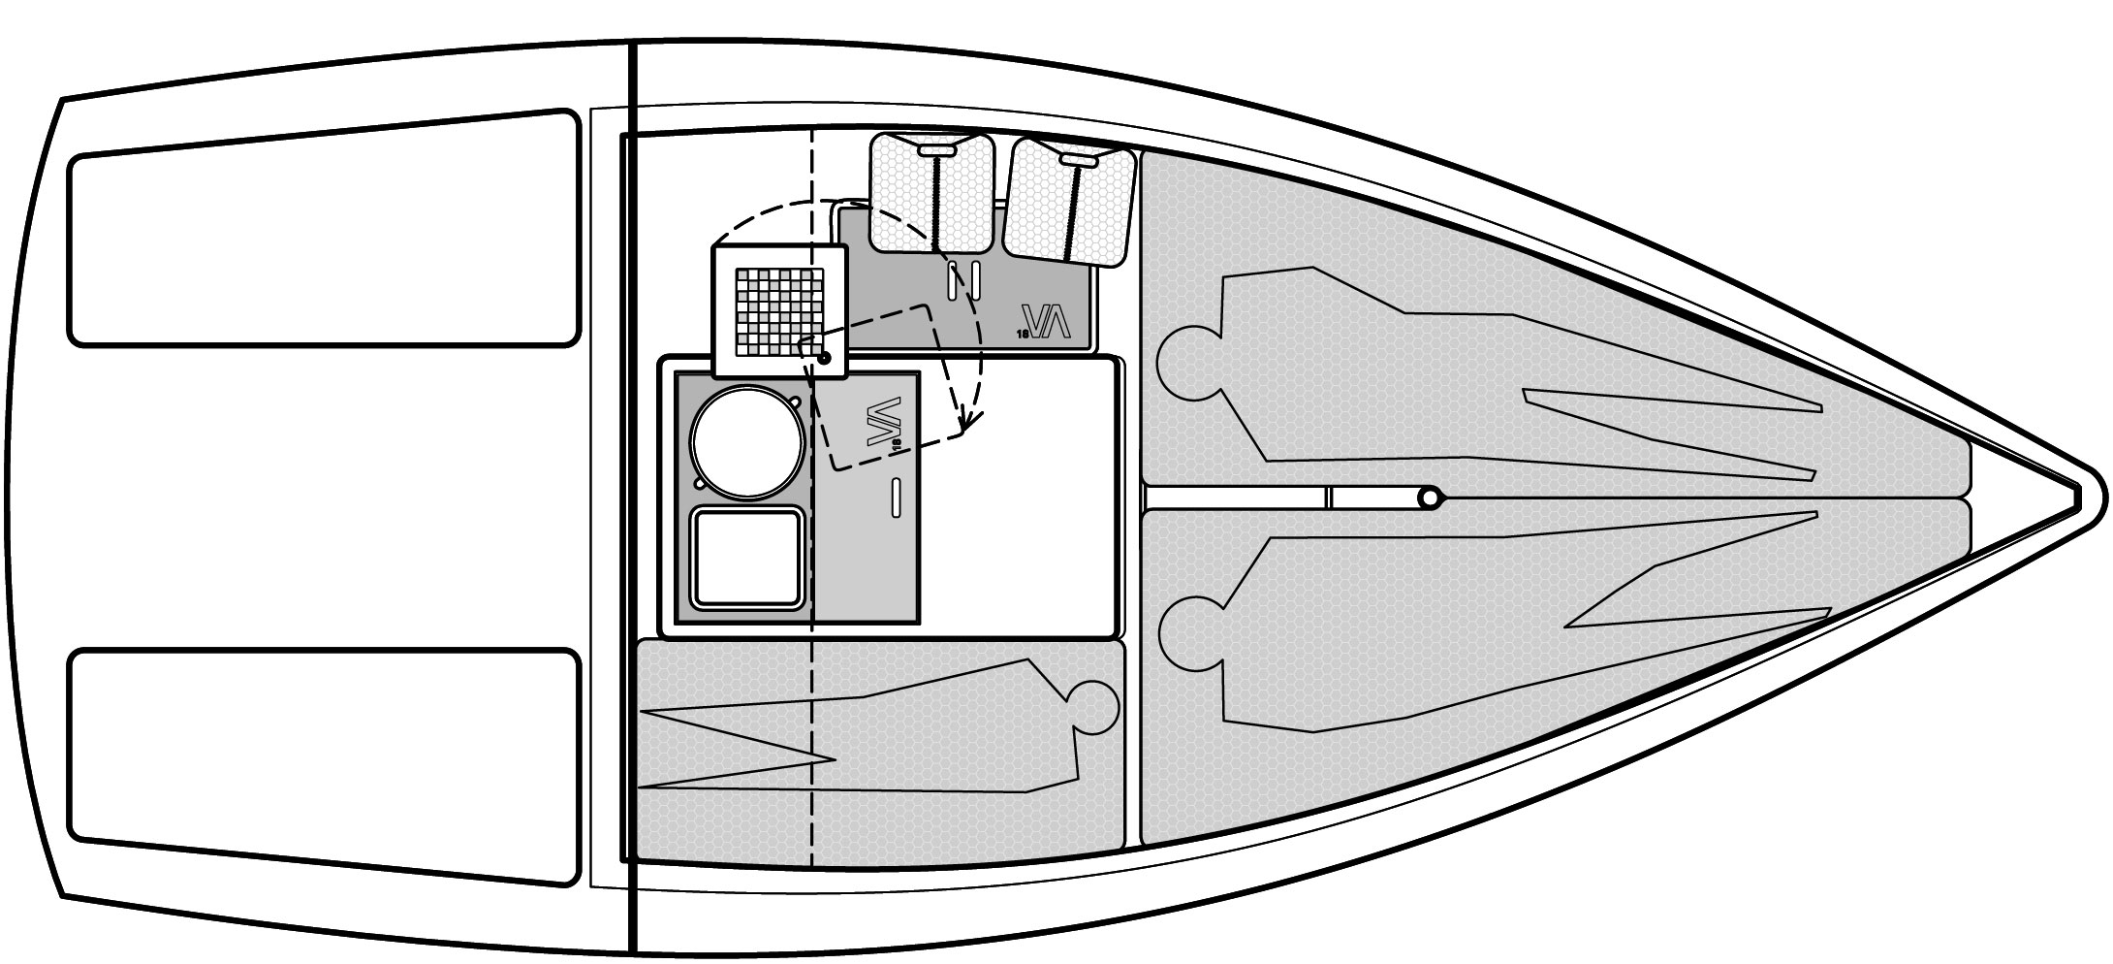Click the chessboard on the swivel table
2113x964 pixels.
point(779,310)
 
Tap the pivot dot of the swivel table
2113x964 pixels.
point(824,359)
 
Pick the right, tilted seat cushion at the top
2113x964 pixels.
point(1069,202)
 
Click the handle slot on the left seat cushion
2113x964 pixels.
point(936,151)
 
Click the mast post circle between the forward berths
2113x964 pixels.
point(1429,498)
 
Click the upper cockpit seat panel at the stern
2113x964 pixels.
point(324,229)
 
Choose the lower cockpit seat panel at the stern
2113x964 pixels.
point(324,766)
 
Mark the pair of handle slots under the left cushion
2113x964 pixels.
point(965,279)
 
